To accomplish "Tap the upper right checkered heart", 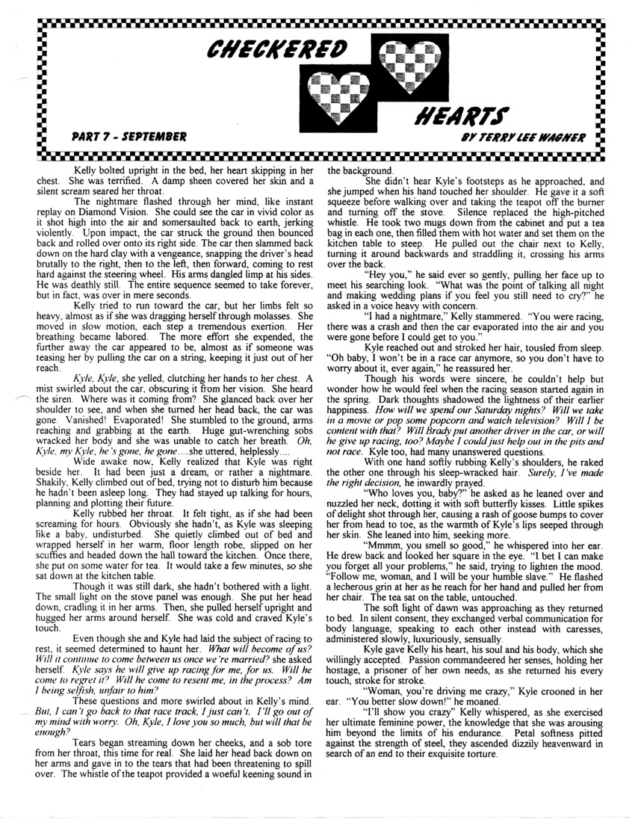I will (405, 62).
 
